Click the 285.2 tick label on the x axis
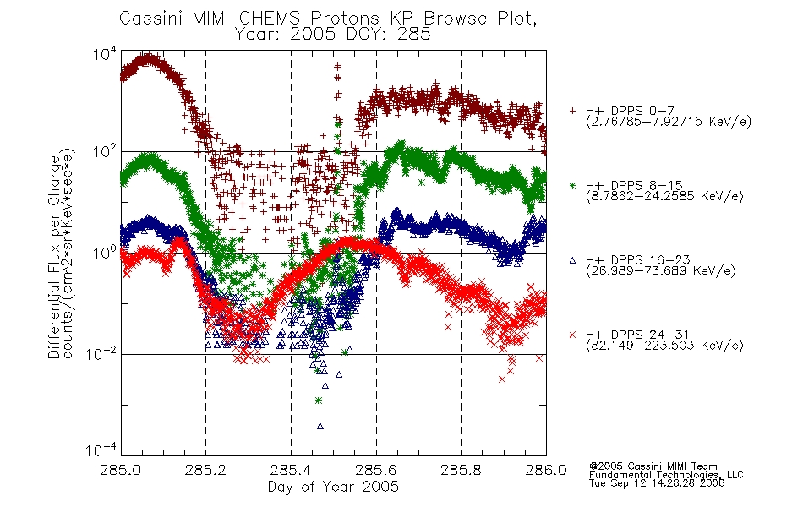[206, 470]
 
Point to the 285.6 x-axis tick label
[376, 470]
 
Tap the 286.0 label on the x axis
[546, 470]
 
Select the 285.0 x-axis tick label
[121, 470]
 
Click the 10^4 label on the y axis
[105, 53]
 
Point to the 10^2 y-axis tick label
[105, 151]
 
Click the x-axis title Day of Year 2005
[333, 487]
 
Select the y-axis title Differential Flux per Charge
[54, 257]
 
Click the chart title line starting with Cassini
[328, 19]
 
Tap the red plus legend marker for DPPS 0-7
[572, 111]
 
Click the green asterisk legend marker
[572, 185]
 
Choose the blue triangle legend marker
[572, 260]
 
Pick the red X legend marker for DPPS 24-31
[572, 335]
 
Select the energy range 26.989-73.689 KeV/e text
[661, 271]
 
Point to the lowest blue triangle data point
[320, 426]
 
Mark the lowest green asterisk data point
[319, 401]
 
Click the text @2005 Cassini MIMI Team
[653, 466]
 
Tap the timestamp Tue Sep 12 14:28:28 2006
[657, 483]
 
